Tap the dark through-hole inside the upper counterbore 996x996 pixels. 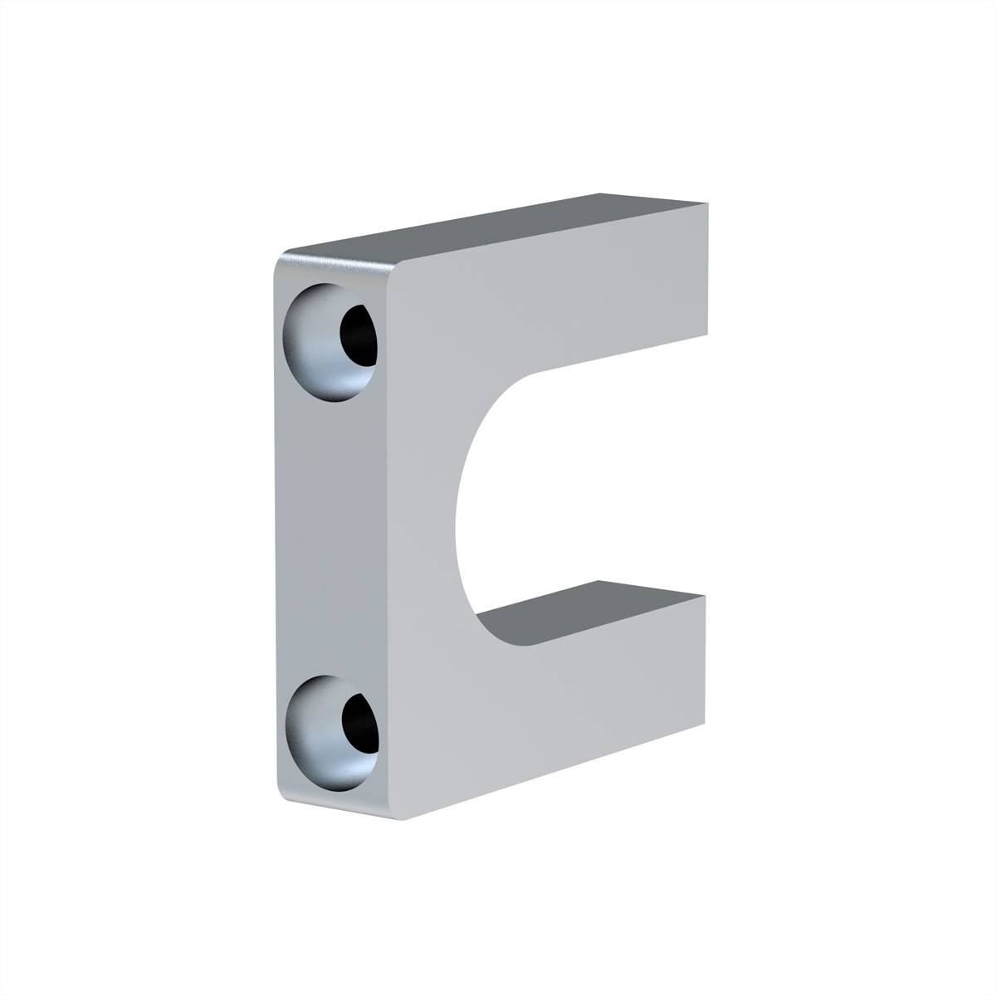click(x=359, y=334)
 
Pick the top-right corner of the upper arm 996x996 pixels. click(x=708, y=202)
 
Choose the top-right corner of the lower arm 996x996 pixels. click(x=705, y=596)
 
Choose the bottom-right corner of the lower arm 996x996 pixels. click(x=705, y=722)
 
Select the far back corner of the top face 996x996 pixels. click(x=599, y=193)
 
